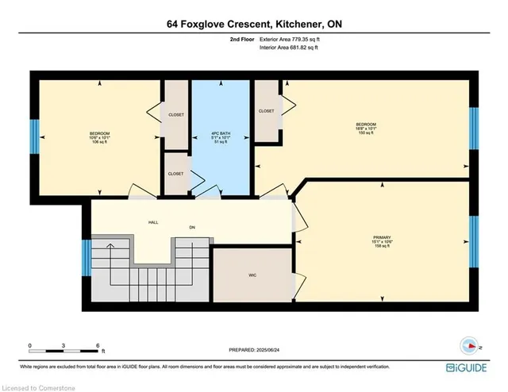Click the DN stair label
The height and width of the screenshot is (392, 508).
(191, 229)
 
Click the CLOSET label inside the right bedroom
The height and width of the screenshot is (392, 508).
(267, 111)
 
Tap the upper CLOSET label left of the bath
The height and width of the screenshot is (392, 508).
(176, 115)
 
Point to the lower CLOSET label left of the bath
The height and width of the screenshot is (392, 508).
(176, 172)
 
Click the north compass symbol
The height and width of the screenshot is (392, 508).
(469, 346)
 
